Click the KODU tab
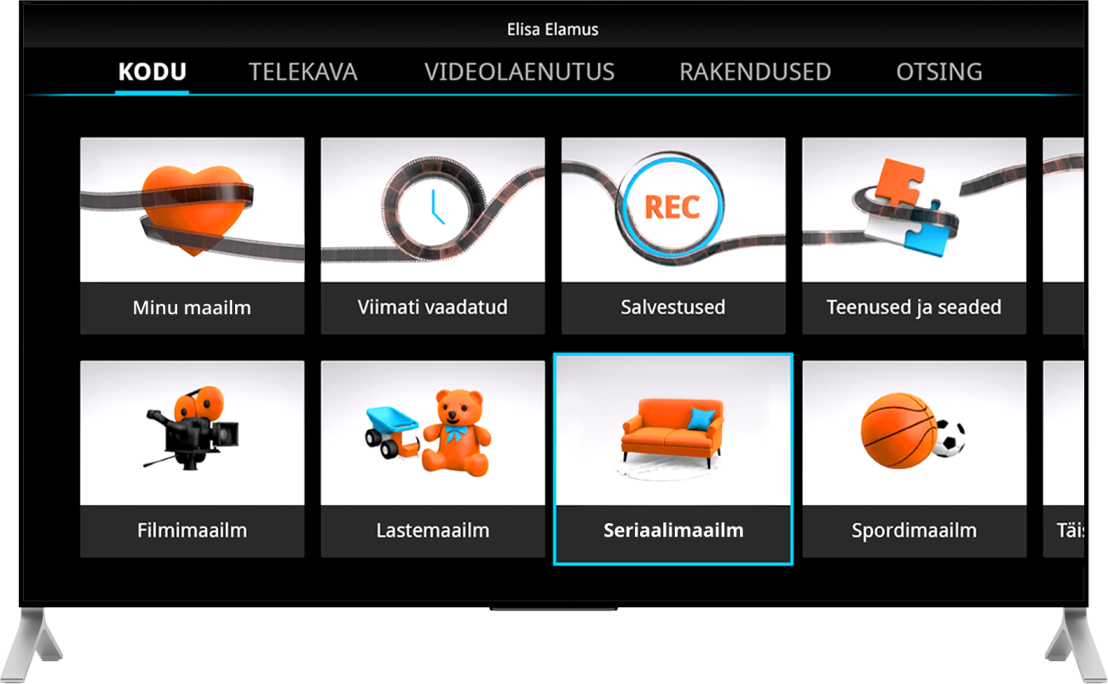click(x=152, y=72)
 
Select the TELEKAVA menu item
click(x=303, y=72)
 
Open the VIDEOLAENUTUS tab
click(x=519, y=72)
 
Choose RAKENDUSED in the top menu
click(x=754, y=72)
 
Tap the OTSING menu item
click(x=938, y=72)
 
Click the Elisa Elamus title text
click(x=552, y=30)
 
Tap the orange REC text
click(x=672, y=207)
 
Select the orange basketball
click(x=896, y=430)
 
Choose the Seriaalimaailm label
click(x=673, y=531)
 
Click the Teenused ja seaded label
click(x=914, y=308)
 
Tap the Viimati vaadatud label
click(x=432, y=308)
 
